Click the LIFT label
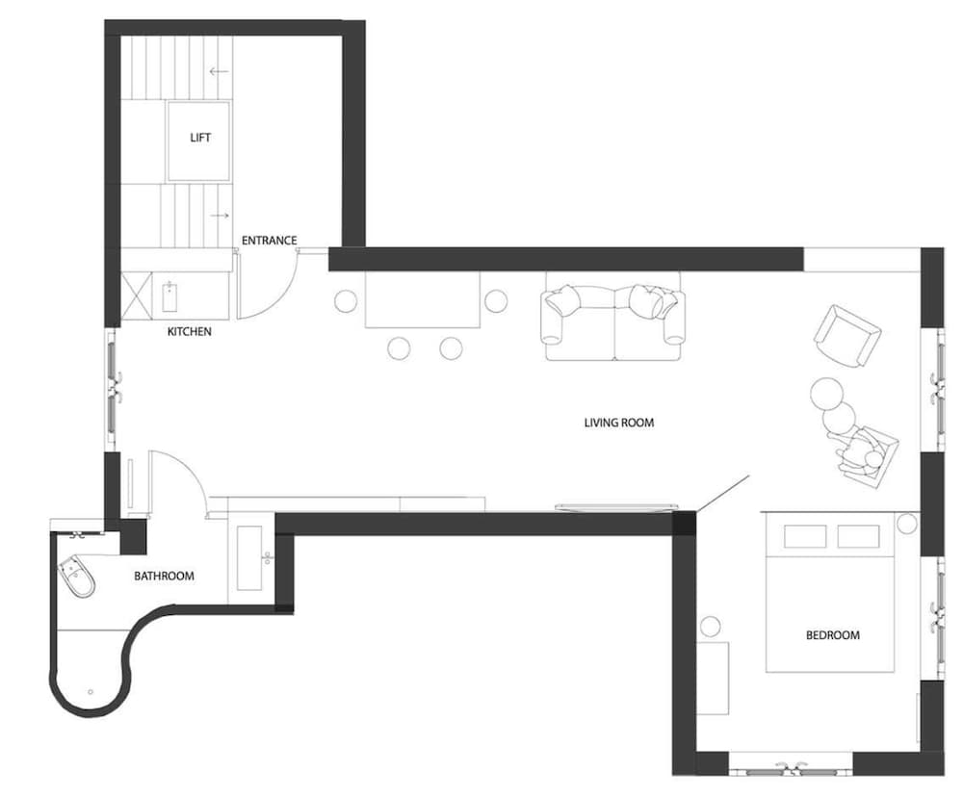point(200,138)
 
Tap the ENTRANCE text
point(269,240)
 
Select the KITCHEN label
point(189,331)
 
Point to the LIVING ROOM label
point(619,423)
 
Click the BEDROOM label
point(833,635)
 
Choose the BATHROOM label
point(164,576)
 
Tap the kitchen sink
point(169,297)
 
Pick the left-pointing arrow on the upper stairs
point(219,71)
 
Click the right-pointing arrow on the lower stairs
point(220,216)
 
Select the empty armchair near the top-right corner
point(846,336)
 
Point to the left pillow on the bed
point(805,537)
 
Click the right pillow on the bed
point(858,537)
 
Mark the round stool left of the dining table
point(346,301)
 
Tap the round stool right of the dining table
point(496,301)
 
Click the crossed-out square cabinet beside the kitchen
point(136,296)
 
